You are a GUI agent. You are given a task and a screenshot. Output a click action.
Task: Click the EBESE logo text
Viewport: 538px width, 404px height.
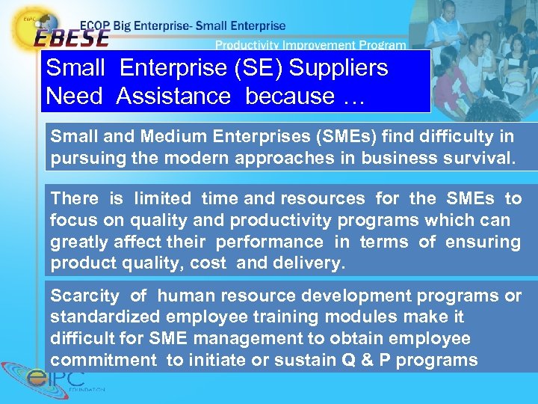tap(71, 37)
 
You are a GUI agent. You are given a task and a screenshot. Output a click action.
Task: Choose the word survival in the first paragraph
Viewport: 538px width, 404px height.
tap(474, 159)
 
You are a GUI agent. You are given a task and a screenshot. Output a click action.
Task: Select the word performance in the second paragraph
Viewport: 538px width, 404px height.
tap(270, 242)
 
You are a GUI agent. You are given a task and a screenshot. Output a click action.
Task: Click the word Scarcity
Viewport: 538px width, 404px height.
tap(84, 296)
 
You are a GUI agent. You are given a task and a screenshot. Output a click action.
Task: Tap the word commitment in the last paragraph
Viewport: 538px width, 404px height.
tap(104, 361)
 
